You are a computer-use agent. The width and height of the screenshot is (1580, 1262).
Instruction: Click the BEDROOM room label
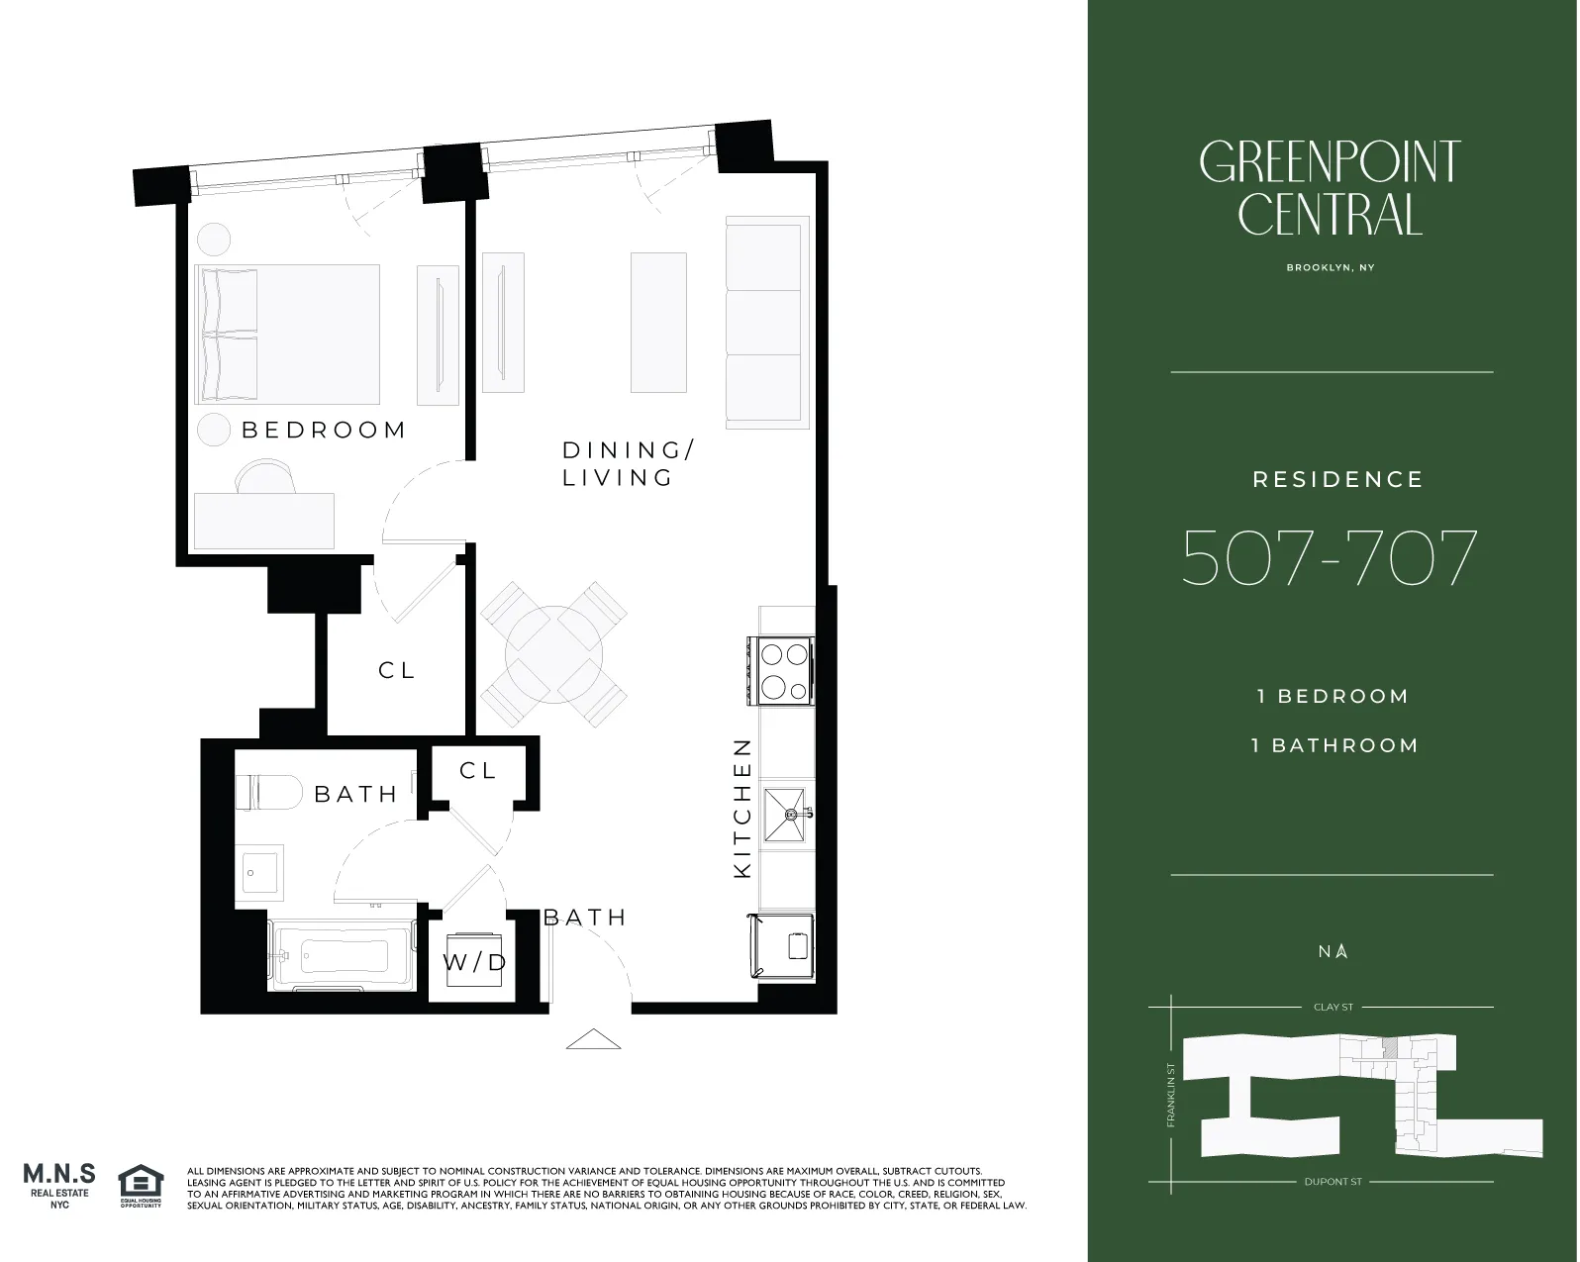324,430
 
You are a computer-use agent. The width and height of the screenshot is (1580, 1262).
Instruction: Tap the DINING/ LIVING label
628,463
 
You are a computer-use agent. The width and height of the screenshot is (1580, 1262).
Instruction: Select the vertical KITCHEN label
742,808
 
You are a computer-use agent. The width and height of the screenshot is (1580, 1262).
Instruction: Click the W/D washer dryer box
474,961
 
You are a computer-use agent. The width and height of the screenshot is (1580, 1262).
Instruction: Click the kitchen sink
786,815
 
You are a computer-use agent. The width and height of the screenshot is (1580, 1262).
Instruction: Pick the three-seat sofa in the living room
764,323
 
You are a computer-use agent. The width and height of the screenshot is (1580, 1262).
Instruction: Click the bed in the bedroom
288,334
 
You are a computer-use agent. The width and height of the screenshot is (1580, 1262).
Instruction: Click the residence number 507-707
1330,558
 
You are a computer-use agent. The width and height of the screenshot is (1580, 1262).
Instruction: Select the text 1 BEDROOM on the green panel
1333,696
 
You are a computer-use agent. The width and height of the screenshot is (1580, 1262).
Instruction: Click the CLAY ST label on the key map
1333,1007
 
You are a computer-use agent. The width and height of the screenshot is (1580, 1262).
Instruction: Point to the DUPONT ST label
1333,1182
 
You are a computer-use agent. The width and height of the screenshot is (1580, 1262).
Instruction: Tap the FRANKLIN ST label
1171,1095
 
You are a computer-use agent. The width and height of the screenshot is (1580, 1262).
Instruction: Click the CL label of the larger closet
396,670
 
